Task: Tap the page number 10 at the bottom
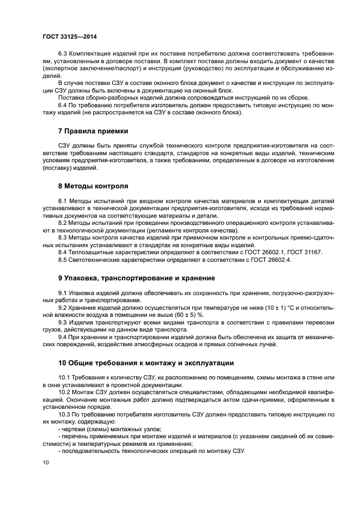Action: click(x=45, y=462)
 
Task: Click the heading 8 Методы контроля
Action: click(x=93, y=186)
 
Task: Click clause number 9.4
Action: click(x=63, y=336)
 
